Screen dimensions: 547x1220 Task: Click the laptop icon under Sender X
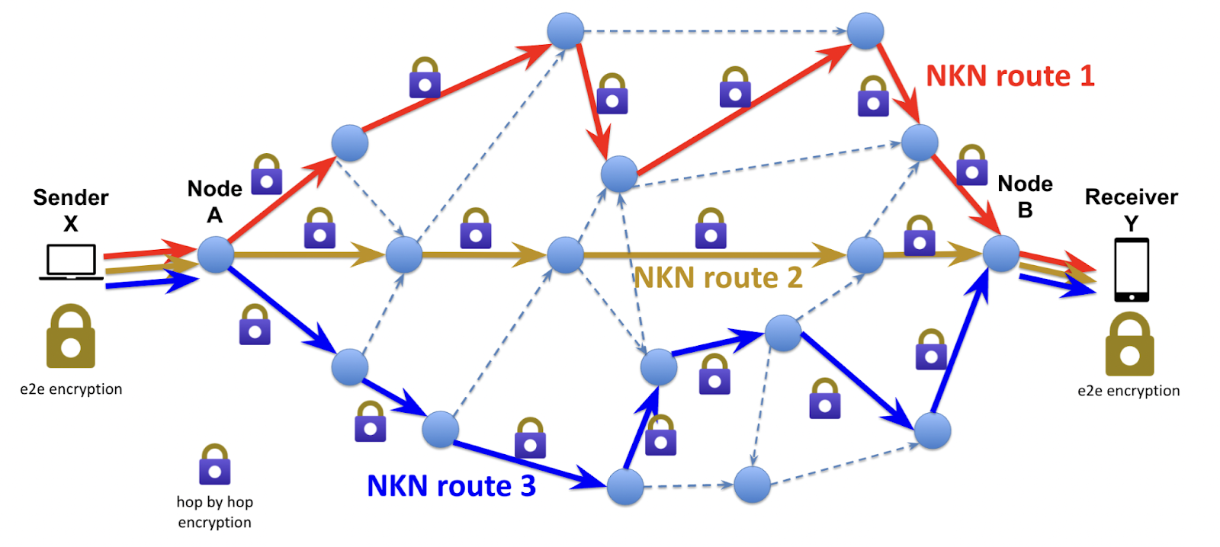coord(71,262)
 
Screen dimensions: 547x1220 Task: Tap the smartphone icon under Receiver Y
coord(1132,270)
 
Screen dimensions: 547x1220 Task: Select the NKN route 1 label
coord(1010,76)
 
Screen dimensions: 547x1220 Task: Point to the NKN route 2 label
coord(718,278)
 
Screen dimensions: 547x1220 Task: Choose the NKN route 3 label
coord(451,486)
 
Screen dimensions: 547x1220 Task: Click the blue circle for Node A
coord(216,254)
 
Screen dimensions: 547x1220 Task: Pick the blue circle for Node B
coord(1000,254)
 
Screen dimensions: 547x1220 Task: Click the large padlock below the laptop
coord(71,337)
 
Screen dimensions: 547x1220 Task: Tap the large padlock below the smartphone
coord(1129,344)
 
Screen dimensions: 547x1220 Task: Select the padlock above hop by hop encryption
coord(215,465)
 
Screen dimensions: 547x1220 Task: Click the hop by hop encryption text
coord(214,512)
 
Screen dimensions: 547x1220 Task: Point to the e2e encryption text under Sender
coord(71,389)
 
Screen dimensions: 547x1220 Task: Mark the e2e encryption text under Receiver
coord(1128,391)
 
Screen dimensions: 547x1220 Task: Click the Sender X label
coord(71,210)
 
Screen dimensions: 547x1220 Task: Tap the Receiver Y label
coord(1132,210)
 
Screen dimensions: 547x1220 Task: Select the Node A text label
coord(215,201)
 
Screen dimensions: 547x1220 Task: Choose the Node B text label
coord(1026,197)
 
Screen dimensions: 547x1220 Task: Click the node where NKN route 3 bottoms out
coord(625,486)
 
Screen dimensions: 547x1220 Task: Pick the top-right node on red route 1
coord(865,31)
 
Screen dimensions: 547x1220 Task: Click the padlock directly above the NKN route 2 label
coord(711,229)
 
